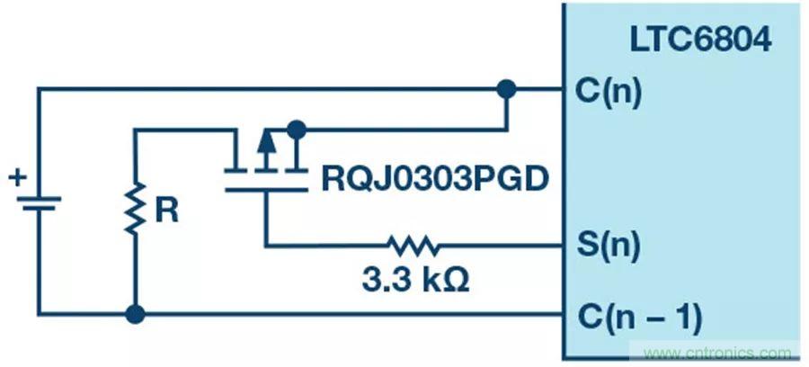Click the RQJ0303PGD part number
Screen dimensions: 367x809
(435, 179)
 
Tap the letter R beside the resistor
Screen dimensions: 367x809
(166, 210)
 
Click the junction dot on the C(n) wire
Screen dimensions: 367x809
(507, 89)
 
